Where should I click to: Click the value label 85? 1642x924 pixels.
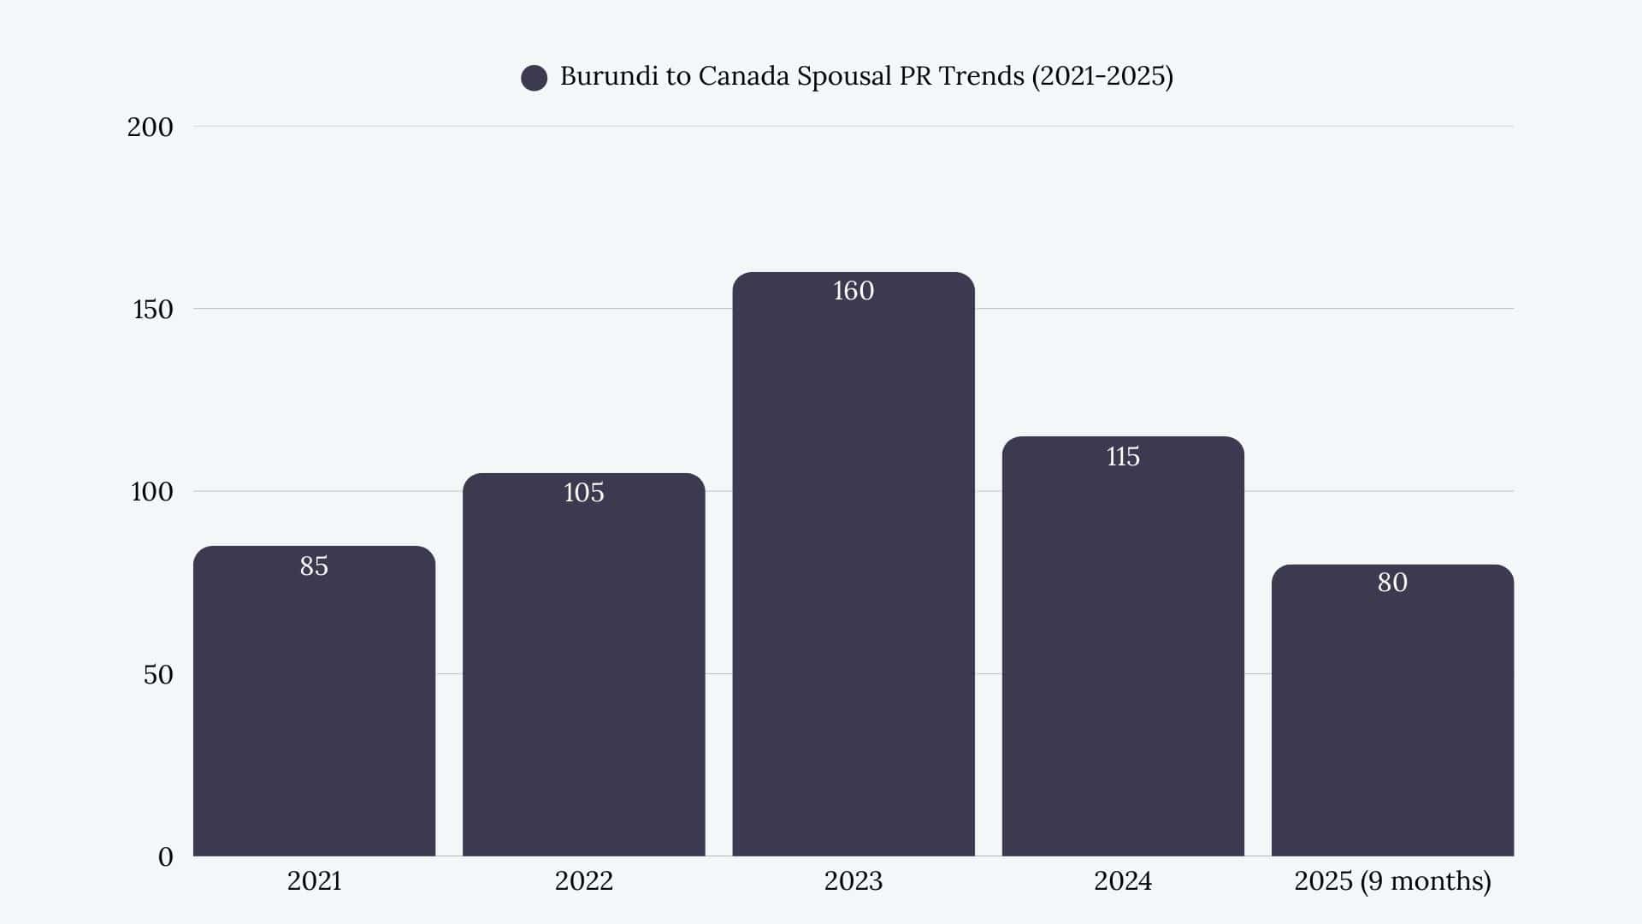[314, 566]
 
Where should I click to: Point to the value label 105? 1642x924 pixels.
[583, 493]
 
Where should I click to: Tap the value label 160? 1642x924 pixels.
[853, 291]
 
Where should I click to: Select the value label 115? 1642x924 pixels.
[1122, 457]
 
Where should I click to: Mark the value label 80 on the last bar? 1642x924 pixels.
[1391, 583]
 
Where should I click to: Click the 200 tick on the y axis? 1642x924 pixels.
[150, 127]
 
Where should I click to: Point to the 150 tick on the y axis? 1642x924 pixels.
[152, 310]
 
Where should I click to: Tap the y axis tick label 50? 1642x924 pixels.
[157, 675]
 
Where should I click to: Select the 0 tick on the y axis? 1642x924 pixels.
[165, 857]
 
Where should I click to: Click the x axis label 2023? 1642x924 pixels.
[853, 881]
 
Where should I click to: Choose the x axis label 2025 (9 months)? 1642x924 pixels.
[1391, 881]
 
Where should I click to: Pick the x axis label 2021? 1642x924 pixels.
[314, 881]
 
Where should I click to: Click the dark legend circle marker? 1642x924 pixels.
[534, 78]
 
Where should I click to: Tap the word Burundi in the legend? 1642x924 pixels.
[609, 76]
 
